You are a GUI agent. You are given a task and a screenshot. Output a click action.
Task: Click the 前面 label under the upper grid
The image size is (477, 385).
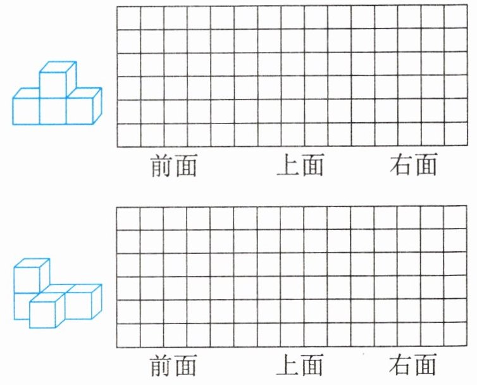pos(173,166)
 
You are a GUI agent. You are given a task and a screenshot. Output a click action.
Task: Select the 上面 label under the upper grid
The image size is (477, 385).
pos(300,166)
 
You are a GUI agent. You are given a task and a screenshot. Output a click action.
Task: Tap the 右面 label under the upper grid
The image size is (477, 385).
pos(414,166)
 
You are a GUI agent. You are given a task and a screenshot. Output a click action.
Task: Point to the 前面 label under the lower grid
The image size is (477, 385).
pos(173,365)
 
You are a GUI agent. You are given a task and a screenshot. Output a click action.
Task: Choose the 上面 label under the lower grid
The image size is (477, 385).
pos(300,365)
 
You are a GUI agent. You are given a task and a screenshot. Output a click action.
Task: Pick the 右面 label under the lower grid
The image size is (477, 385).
pos(414,365)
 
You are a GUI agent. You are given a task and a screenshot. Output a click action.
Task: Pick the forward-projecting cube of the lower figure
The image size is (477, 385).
pos(46,312)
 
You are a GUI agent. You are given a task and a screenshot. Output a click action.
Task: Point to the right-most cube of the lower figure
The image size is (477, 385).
pos(81,304)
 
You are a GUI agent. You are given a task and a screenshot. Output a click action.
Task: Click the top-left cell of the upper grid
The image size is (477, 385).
pos(128,17)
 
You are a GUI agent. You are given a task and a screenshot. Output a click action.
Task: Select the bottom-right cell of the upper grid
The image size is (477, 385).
pos(455,135)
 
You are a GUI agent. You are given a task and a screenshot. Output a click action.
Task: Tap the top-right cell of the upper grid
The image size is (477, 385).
pos(455,17)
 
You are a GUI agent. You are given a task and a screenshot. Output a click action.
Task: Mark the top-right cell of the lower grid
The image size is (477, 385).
pos(455,217)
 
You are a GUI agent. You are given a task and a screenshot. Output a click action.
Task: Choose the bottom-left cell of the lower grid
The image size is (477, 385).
pos(128,335)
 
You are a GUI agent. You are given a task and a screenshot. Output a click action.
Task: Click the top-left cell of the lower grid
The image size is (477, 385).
pos(128,217)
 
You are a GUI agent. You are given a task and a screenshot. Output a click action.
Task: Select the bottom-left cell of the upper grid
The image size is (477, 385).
pos(128,135)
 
